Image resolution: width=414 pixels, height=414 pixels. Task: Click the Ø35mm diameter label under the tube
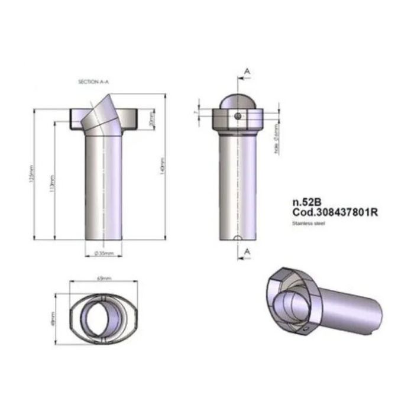click(103, 254)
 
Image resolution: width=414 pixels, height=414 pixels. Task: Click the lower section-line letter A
click(247, 251)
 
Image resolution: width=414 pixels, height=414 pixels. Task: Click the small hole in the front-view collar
click(237, 117)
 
